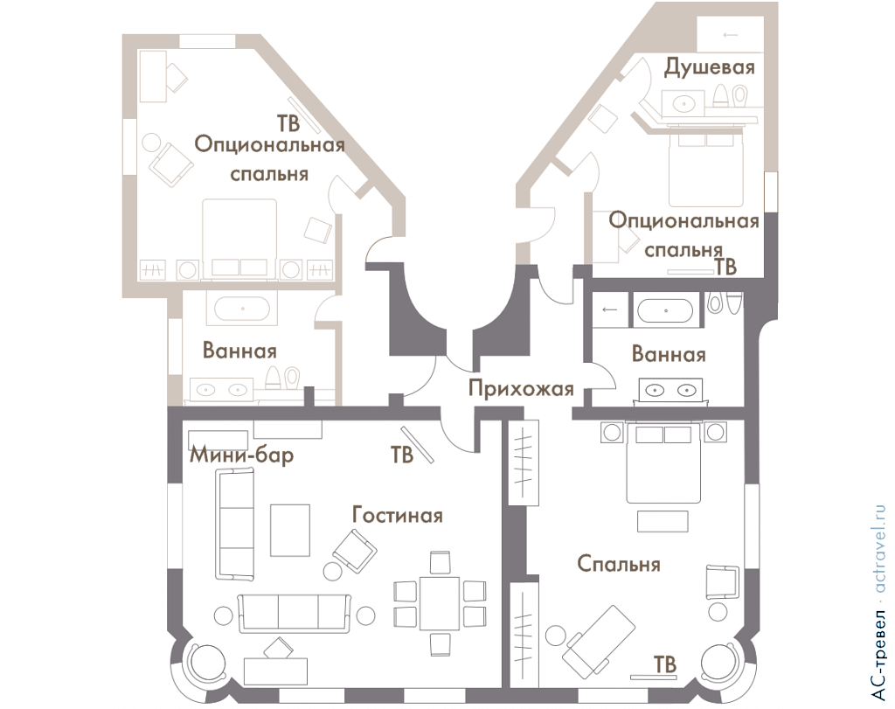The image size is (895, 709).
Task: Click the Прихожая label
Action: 521,388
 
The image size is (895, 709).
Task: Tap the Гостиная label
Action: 398,515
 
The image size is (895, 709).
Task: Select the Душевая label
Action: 709,67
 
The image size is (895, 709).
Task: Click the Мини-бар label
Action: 241,455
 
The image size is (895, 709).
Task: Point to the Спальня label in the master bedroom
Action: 619,564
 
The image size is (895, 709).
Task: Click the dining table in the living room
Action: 440,603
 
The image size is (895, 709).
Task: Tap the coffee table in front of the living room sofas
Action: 290,530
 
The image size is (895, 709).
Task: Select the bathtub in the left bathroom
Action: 242,309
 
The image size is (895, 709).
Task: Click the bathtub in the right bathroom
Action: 665,311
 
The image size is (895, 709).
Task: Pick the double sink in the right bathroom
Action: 670,391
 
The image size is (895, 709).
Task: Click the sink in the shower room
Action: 683,103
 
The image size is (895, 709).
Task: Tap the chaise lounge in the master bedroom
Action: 598,641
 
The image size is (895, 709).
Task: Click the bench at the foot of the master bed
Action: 663,521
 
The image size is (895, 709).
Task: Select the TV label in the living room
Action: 402,455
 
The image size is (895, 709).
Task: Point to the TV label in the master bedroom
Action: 664,664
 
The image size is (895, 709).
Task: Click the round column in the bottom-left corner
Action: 201,662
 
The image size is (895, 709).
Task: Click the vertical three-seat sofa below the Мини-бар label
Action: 234,524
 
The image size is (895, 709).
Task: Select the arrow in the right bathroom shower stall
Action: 609,310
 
